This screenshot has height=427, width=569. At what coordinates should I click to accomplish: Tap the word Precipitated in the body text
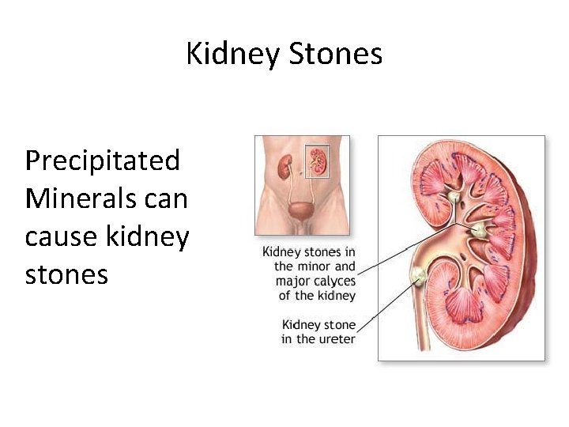[x=103, y=161]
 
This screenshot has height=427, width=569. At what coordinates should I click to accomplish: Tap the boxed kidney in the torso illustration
[x=317, y=161]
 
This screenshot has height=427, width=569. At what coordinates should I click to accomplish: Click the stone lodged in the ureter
[x=419, y=274]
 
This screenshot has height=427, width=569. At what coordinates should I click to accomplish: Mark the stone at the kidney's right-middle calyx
[x=480, y=231]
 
